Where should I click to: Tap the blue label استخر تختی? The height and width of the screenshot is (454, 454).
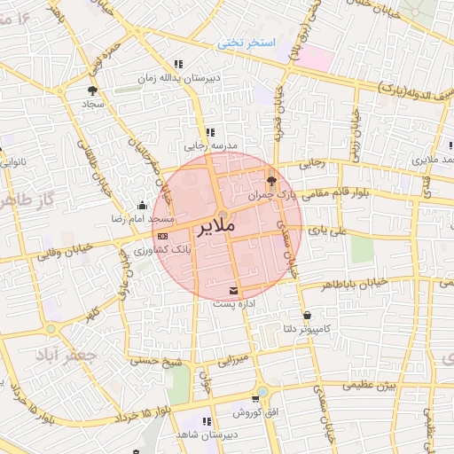tap(248, 43)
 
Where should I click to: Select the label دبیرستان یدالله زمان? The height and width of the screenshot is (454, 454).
tap(177, 78)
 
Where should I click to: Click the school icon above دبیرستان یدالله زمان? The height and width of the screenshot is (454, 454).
tap(178, 64)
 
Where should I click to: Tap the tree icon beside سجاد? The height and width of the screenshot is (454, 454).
tap(92, 90)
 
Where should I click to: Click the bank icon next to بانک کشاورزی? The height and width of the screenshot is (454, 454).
tap(162, 237)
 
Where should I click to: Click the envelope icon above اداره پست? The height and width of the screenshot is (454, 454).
tap(233, 291)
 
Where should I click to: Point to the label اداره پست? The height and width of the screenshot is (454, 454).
tap(233, 304)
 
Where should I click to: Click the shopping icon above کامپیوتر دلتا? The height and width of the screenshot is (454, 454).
tap(306, 315)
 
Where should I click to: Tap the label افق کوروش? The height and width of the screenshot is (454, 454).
tap(255, 413)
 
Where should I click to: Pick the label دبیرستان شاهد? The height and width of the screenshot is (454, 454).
tap(207, 435)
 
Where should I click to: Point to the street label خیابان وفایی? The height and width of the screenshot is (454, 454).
tap(61, 253)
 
